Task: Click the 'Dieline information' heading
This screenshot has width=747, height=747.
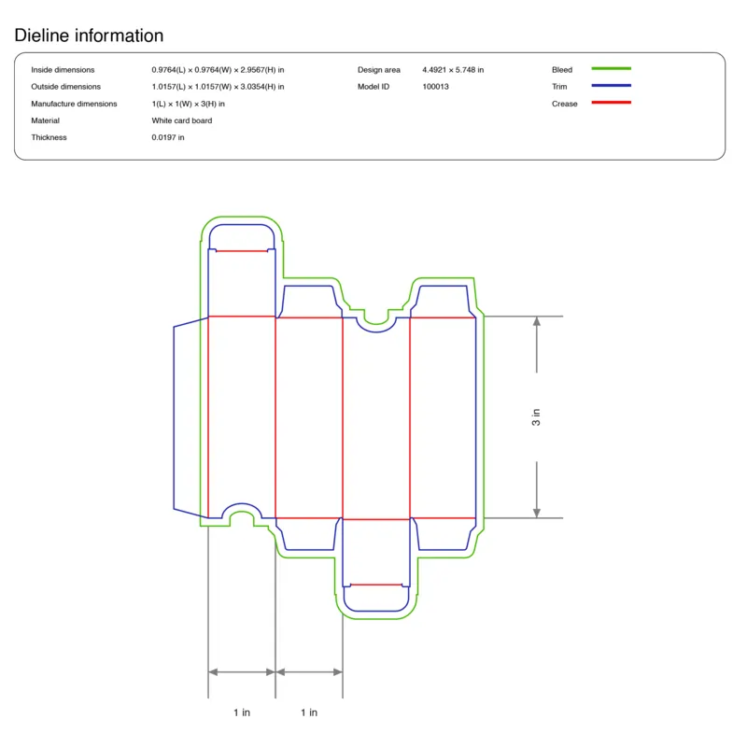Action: click(89, 35)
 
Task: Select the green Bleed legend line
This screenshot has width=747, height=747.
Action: click(612, 68)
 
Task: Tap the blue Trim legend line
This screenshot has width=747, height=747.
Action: click(612, 85)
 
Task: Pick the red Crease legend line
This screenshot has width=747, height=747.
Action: click(612, 103)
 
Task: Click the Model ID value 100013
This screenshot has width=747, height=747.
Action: click(435, 87)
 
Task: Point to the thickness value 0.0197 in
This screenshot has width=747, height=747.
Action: click(168, 137)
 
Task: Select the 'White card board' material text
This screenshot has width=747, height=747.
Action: click(182, 120)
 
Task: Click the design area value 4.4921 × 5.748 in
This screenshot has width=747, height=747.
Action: click(453, 70)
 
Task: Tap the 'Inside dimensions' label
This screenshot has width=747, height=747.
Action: click(63, 70)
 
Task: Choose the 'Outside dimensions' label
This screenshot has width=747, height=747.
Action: click(65, 87)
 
